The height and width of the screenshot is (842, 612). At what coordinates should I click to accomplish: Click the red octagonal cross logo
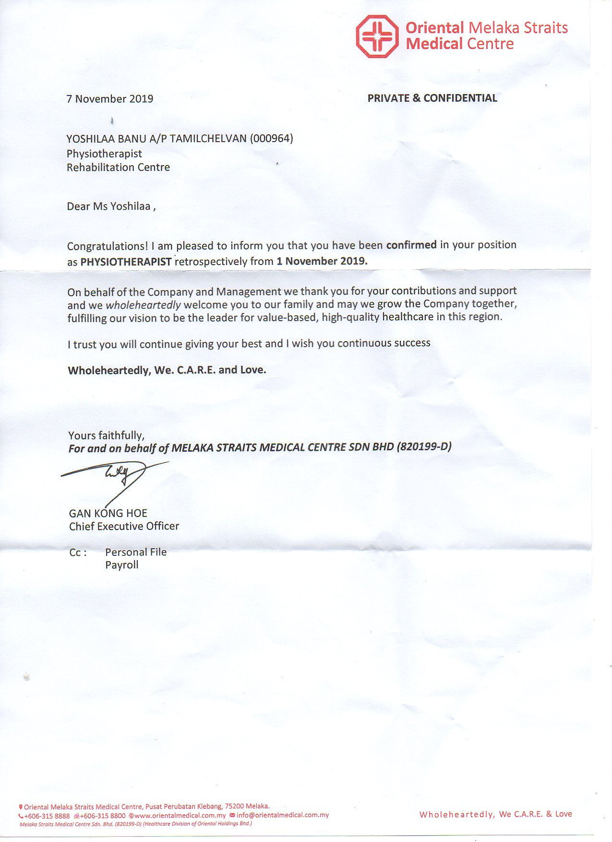pos(377,36)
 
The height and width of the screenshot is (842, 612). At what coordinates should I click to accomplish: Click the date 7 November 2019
pos(110,99)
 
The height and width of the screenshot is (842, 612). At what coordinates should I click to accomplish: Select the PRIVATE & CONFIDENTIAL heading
pos(432,98)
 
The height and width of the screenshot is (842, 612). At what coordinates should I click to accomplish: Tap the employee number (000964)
pos(271,139)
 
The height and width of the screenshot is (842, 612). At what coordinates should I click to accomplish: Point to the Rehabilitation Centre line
pos(118,168)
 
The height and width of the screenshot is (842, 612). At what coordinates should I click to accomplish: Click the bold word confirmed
pos(411,245)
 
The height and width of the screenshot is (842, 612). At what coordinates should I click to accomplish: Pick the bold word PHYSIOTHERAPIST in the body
pos(126,262)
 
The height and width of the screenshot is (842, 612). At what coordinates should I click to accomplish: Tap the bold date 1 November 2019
pos(322,261)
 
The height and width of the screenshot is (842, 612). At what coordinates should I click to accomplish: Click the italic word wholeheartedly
pos(143,305)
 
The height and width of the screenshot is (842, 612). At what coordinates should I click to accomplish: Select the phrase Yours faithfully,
pos(106,435)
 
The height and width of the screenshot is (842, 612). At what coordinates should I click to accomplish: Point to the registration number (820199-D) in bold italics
pos(424,446)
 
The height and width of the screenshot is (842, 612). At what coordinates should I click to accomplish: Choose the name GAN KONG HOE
pos(108,513)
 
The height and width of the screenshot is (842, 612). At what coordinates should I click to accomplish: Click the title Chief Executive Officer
pos(124,526)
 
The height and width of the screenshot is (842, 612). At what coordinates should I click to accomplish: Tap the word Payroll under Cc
pos(122,565)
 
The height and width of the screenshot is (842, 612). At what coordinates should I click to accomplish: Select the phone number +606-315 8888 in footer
pos(47,816)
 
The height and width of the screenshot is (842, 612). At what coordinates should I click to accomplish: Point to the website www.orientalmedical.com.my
pos(180,816)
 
